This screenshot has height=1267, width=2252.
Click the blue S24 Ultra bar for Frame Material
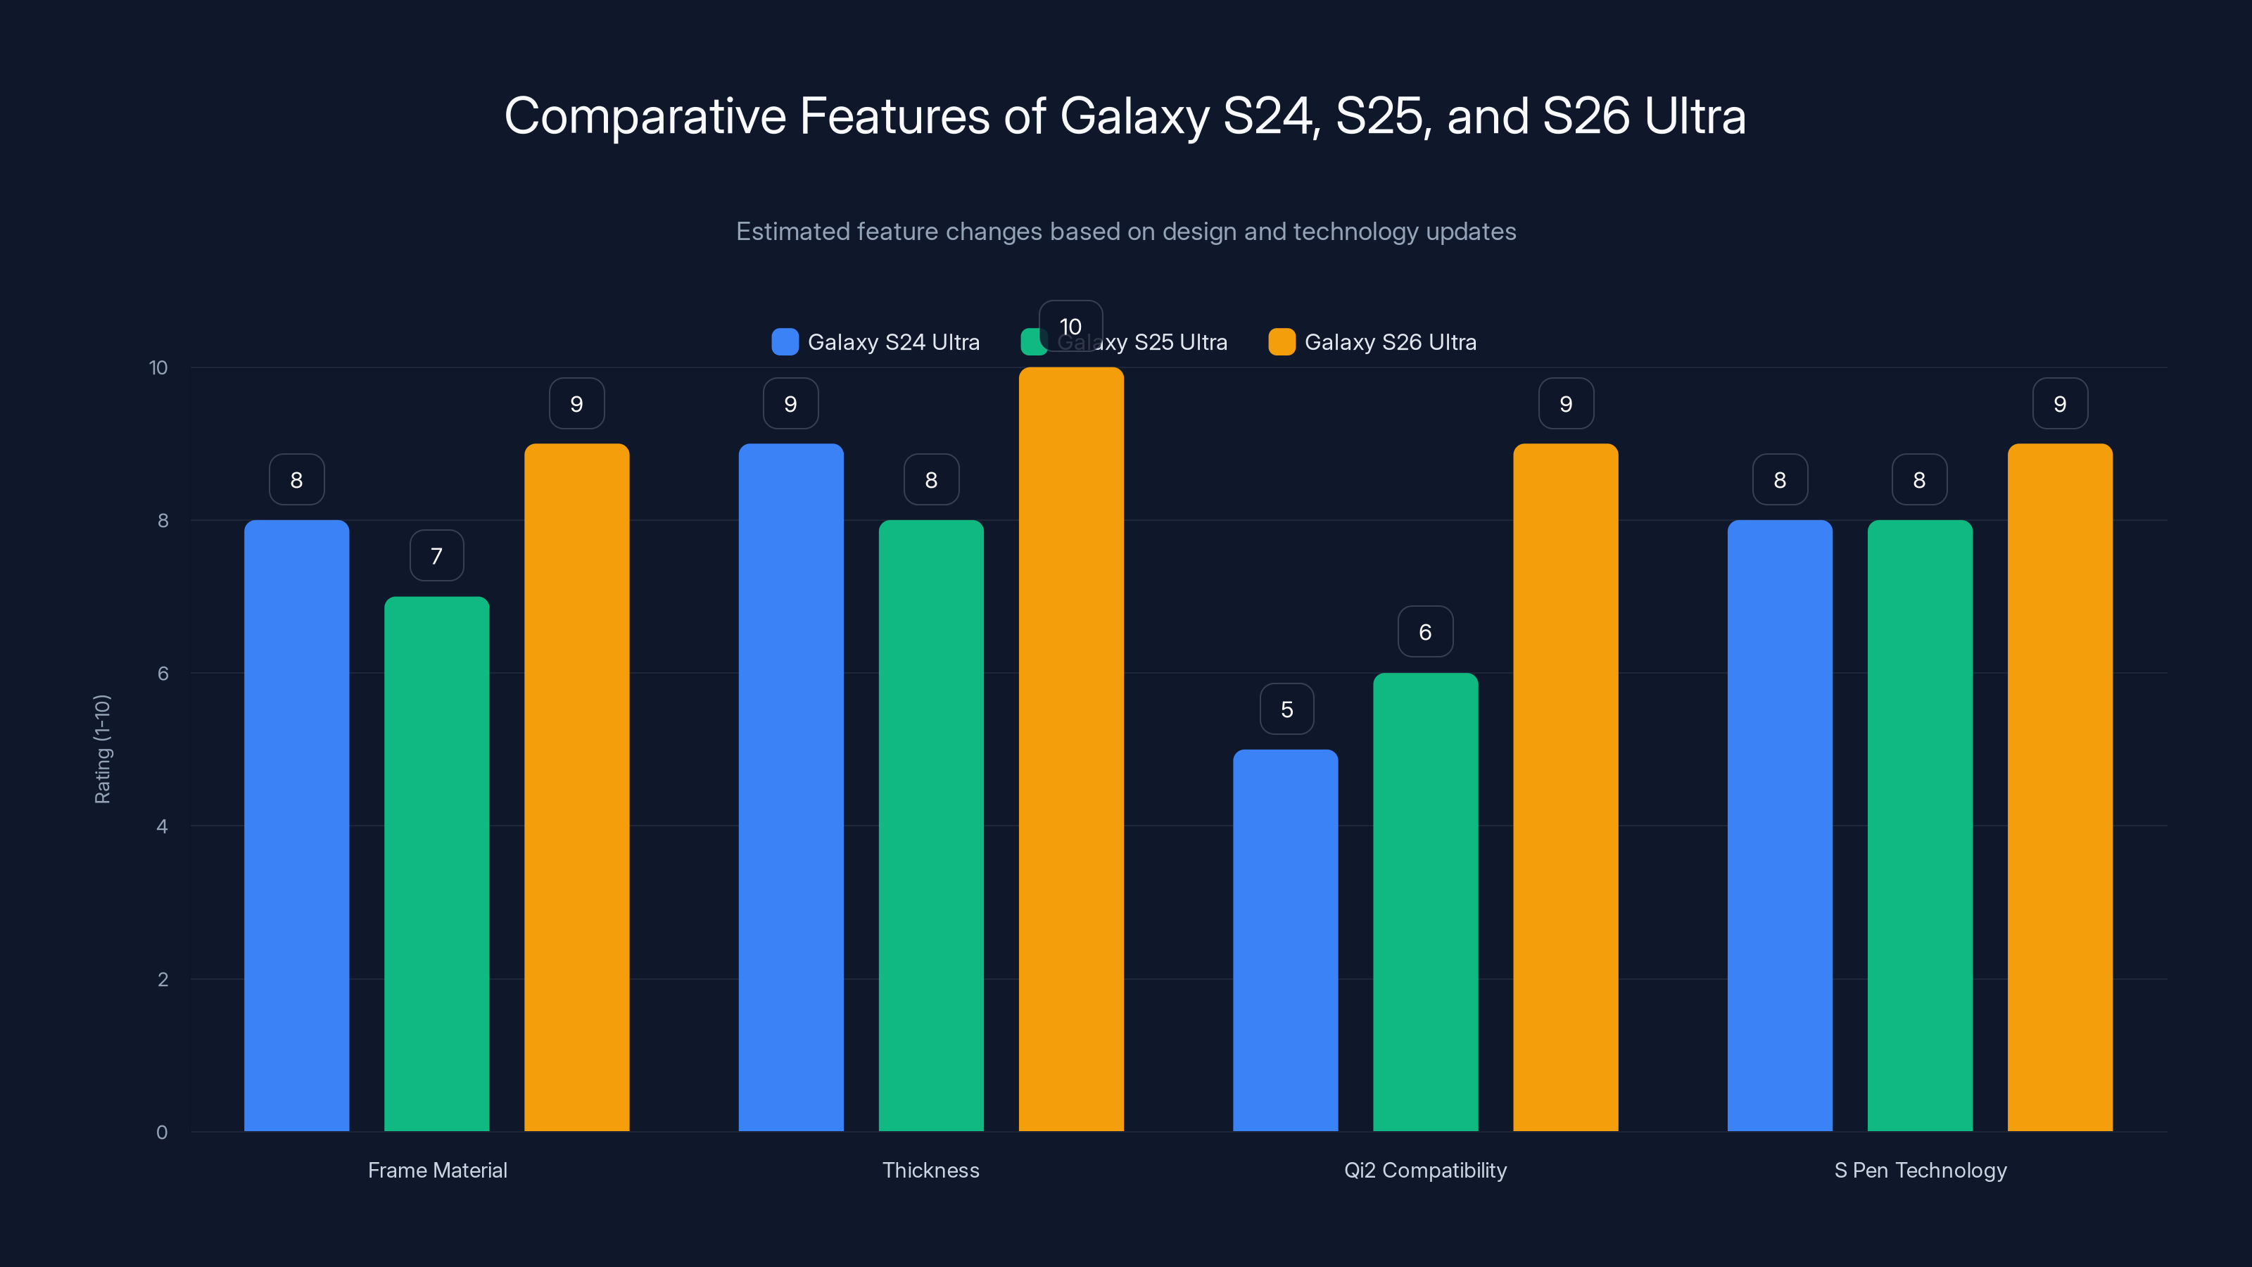tap(296, 826)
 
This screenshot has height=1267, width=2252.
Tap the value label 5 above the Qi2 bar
tap(1286, 709)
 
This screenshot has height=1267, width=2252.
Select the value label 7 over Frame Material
tap(436, 556)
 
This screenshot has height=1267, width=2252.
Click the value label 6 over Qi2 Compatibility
tap(1425, 632)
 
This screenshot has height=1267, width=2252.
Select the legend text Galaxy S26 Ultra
tap(1390, 342)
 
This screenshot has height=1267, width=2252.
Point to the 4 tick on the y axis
tap(162, 826)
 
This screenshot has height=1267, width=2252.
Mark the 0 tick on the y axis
tap(162, 1133)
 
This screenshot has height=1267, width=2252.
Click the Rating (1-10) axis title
tap(102, 750)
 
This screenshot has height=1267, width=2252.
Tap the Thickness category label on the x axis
tap(930, 1170)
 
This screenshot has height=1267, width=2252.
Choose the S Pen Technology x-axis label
tap(1920, 1170)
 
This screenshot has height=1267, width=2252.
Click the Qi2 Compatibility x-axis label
tap(1425, 1170)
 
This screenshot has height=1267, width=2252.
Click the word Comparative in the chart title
tap(645, 116)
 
